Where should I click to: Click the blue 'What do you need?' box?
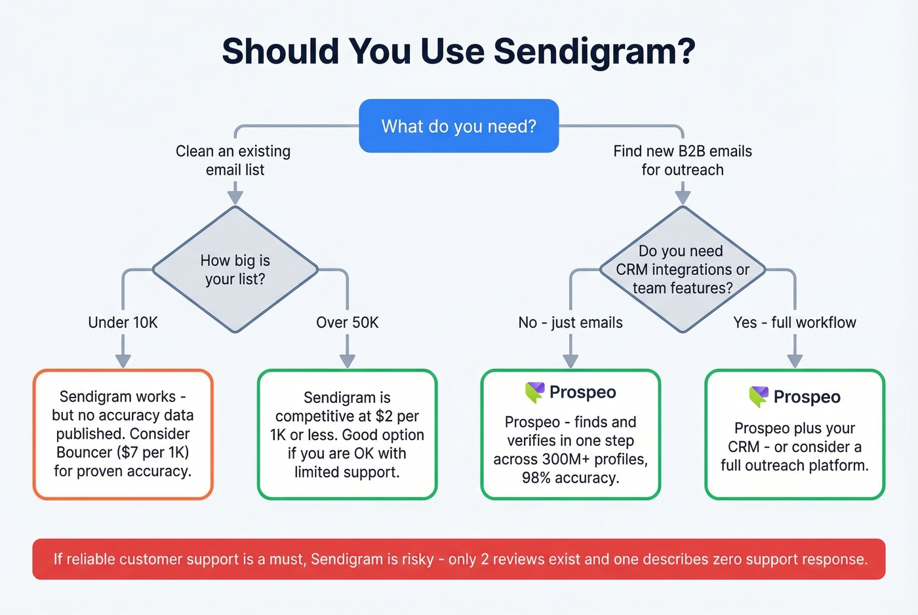(x=458, y=126)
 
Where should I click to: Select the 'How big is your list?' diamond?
(x=235, y=269)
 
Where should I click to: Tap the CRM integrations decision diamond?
(x=683, y=269)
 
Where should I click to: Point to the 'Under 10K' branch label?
(x=123, y=322)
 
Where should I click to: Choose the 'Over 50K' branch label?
(x=347, y=322)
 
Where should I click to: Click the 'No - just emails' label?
(x=570, y=322)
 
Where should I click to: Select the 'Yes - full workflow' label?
(x=795, y=322)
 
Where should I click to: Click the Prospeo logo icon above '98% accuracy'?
(x=534, y=392)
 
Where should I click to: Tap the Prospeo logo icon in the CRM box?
(x=759, y=396)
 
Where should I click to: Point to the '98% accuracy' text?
(x=570, y=478)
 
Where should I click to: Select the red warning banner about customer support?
(x=458, y=559)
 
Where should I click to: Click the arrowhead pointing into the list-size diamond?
(x=235, y=198)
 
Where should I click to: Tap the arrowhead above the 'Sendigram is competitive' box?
(x=347, y=361)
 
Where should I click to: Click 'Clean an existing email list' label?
(x=233, y=160)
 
